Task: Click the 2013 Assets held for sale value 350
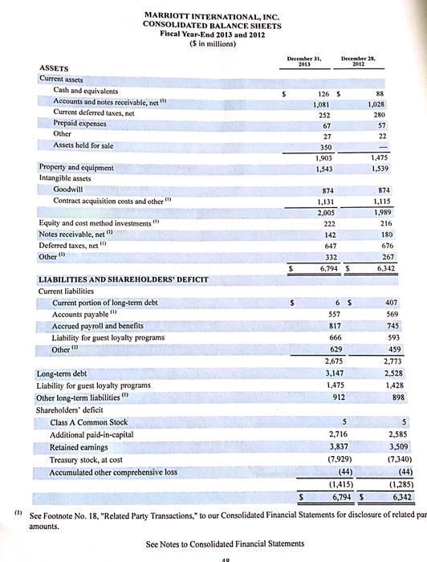(x=327, y=149)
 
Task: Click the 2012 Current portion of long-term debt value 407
(x=380, y=303)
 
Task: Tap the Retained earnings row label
(x=81, y=446)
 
